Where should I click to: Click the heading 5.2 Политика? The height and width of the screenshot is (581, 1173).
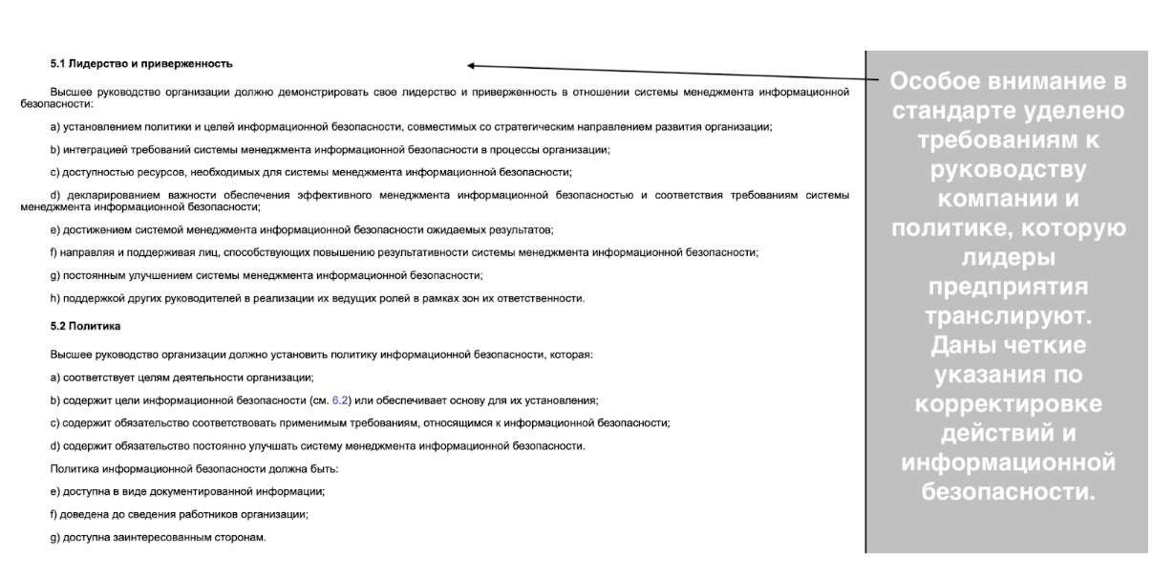(x=83, y=327)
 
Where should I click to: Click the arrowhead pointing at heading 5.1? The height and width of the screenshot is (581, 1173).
(x=472, y=66)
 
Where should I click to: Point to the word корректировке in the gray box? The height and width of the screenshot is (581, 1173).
(x=1007, y=402)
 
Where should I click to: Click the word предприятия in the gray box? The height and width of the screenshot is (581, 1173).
(x=1006, y=288)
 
